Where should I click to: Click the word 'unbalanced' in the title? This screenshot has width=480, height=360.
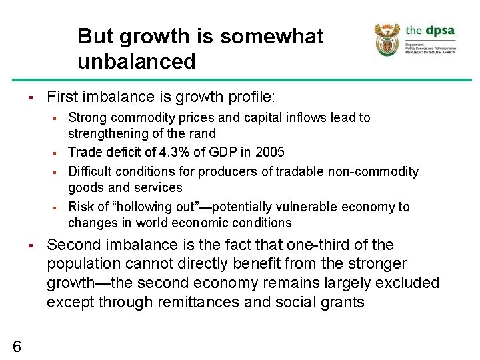[x=136, y=62]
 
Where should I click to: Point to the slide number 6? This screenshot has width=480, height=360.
[x=17, y=345]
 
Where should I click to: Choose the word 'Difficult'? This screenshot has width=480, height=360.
[x=92, y=171]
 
